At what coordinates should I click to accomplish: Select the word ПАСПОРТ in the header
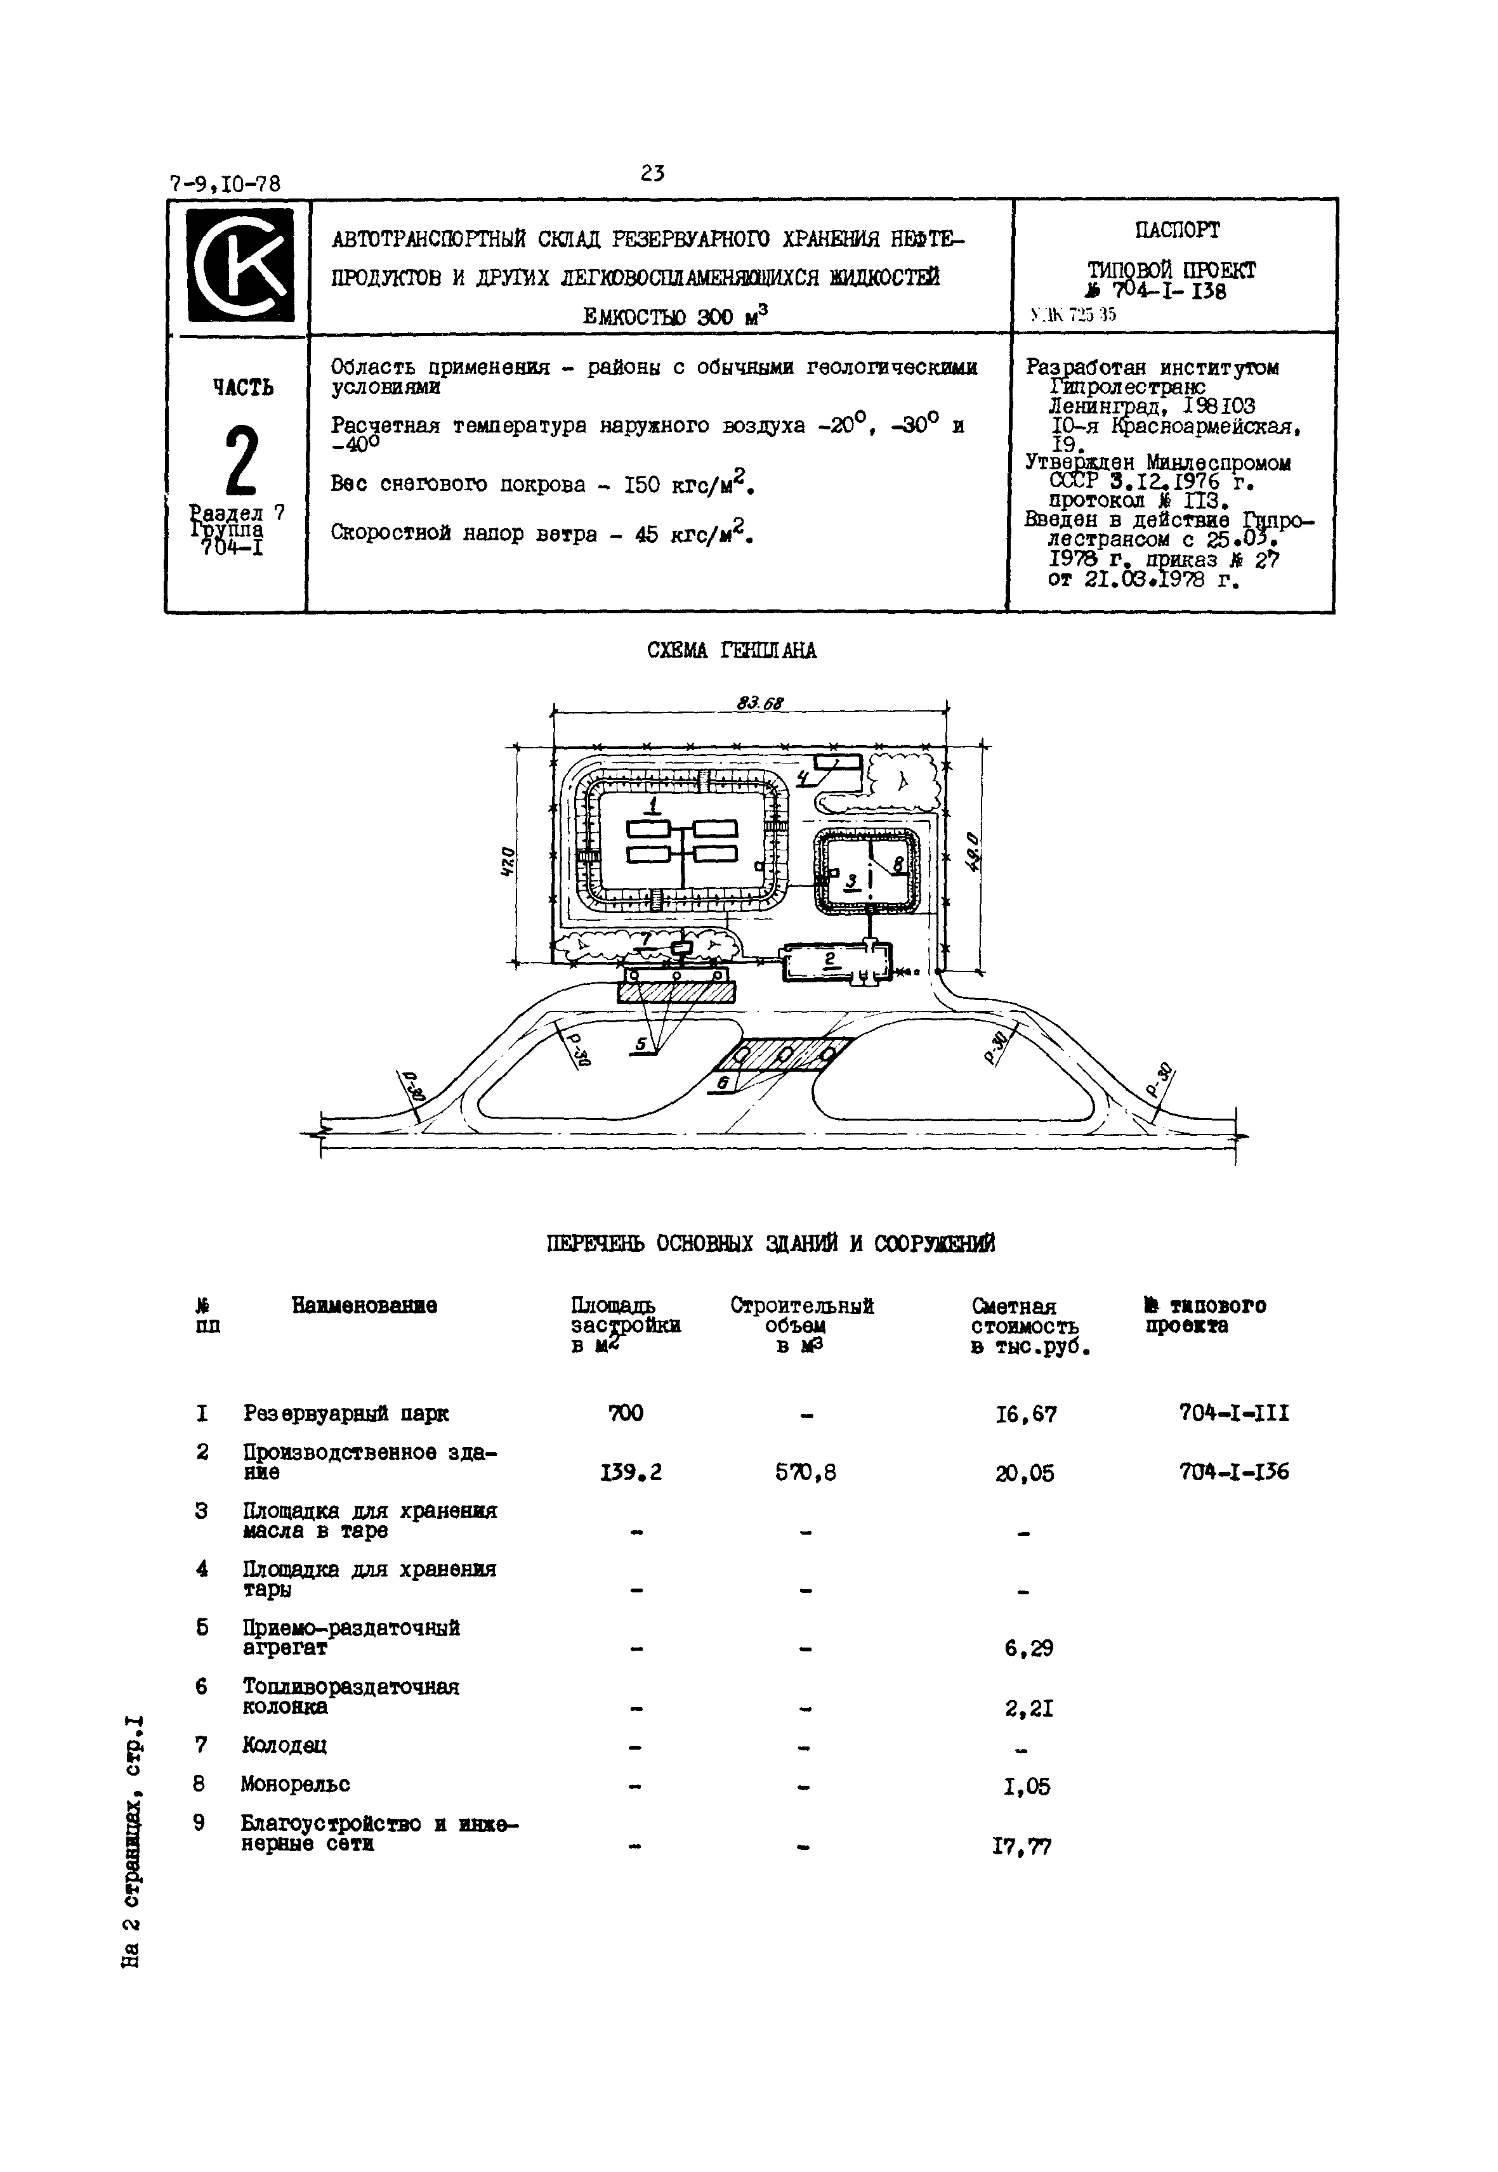tap(1176, 231)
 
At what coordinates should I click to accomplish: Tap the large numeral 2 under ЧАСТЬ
tap(240, 460)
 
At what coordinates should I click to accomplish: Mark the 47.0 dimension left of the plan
tap(508, 861)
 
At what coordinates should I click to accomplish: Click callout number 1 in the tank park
tap(654, 805)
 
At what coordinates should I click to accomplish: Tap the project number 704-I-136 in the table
tap(1233, 1472)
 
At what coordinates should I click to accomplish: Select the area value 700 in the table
tap(626, 1413)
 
